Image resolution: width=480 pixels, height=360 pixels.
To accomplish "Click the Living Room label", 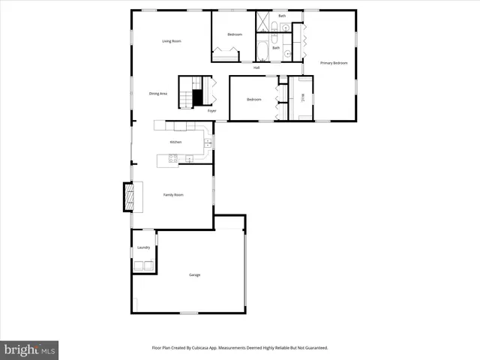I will click(x=172, y=41).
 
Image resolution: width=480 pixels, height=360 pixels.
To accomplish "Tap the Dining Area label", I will click(x=158, y=94).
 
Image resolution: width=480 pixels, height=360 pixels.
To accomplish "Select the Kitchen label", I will click(x=175, y=142).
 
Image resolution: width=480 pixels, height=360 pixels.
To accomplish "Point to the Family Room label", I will click(x=174, y=194).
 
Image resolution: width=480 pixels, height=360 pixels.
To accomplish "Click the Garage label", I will click(x=194, y=275).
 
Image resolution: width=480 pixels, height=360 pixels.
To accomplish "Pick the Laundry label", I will click(x=143, y=247).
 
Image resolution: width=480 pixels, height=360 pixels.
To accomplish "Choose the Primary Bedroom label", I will click(x=334, y=63).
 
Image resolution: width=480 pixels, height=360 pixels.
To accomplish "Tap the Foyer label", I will click(x=212, y=111).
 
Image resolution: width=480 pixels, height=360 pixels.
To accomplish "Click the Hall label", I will click(x=256, y=67).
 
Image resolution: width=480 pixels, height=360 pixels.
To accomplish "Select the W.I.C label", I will click(x=302, y=97).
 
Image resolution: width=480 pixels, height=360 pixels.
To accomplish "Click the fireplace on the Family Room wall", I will click(x=130, y=196).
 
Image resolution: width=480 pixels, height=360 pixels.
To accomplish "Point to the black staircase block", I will click(x=198, y=98).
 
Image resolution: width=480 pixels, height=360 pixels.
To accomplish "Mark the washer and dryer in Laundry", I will click(x=143, y=265).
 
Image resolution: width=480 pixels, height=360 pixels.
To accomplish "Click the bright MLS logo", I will click(x=29, y=349).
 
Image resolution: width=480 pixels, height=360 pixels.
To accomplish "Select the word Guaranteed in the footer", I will click(x=314, y=348).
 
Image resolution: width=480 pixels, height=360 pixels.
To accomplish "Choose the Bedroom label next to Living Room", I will click(x=235, y=34).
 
